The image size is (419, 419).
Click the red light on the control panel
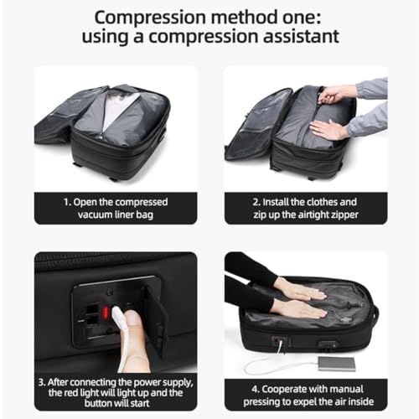click(106, 312)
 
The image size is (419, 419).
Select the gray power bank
click(335, 360)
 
